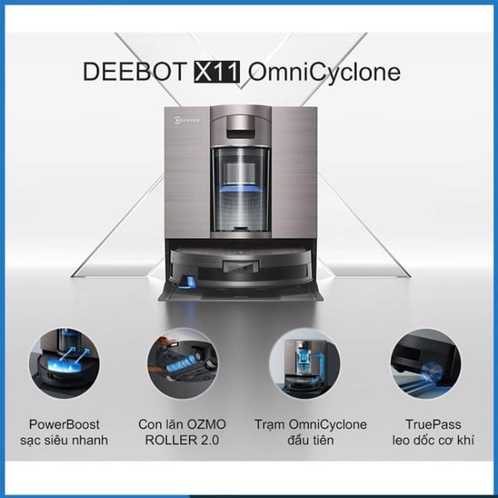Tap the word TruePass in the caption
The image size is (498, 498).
point(424,423)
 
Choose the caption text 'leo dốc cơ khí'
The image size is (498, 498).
point(424,440)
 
